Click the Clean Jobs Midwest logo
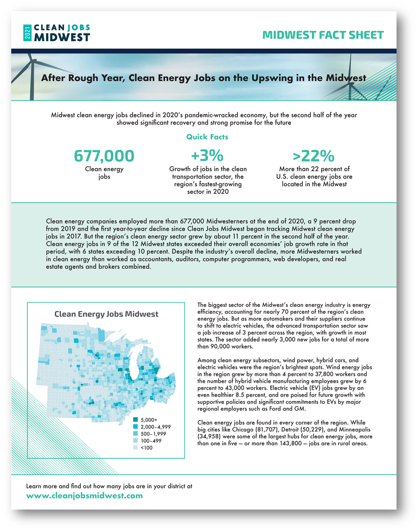(x=57, y=32)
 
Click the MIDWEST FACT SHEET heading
(x=323, y=35)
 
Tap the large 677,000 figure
(x=104, y=156)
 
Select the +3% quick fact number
(x=207, y=156)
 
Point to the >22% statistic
(x=314, y=156)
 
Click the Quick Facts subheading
(x=207, y=137)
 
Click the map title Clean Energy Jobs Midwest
(x=106, y=314)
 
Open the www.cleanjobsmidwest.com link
(x=85, y=496)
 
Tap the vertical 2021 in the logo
(x=27, y=32)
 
